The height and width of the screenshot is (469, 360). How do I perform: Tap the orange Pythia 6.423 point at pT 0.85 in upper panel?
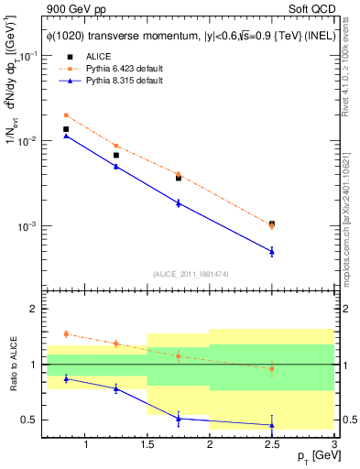click(x=66, y=115)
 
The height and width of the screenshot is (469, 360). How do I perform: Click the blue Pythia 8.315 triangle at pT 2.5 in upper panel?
click(x=272, y=251)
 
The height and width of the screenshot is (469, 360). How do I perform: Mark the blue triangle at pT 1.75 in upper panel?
click(x=179, y=202)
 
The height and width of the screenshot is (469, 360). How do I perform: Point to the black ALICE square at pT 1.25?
click(x=116, y=156)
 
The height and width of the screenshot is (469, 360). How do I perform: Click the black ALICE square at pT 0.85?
click(x=66, y=129)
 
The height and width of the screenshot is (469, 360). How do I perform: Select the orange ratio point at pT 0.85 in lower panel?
click(x=66, y=334)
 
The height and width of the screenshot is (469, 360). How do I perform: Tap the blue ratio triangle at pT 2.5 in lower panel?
click(x=272, y=425)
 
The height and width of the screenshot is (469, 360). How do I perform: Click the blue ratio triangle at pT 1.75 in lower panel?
click(x=179, y=419)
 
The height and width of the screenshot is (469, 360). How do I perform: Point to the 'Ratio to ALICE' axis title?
click(x=12, y=365)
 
